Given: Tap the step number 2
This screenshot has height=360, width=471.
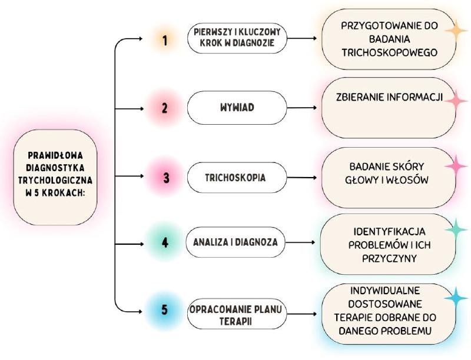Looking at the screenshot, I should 165,109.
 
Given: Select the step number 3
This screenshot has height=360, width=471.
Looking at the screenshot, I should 166,177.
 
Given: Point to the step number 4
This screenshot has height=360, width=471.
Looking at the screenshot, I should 165,242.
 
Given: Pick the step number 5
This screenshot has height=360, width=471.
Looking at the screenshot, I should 165,309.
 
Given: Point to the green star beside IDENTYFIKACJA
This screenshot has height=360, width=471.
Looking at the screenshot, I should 454,229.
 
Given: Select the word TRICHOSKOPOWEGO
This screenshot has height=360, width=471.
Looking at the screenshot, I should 389,52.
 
